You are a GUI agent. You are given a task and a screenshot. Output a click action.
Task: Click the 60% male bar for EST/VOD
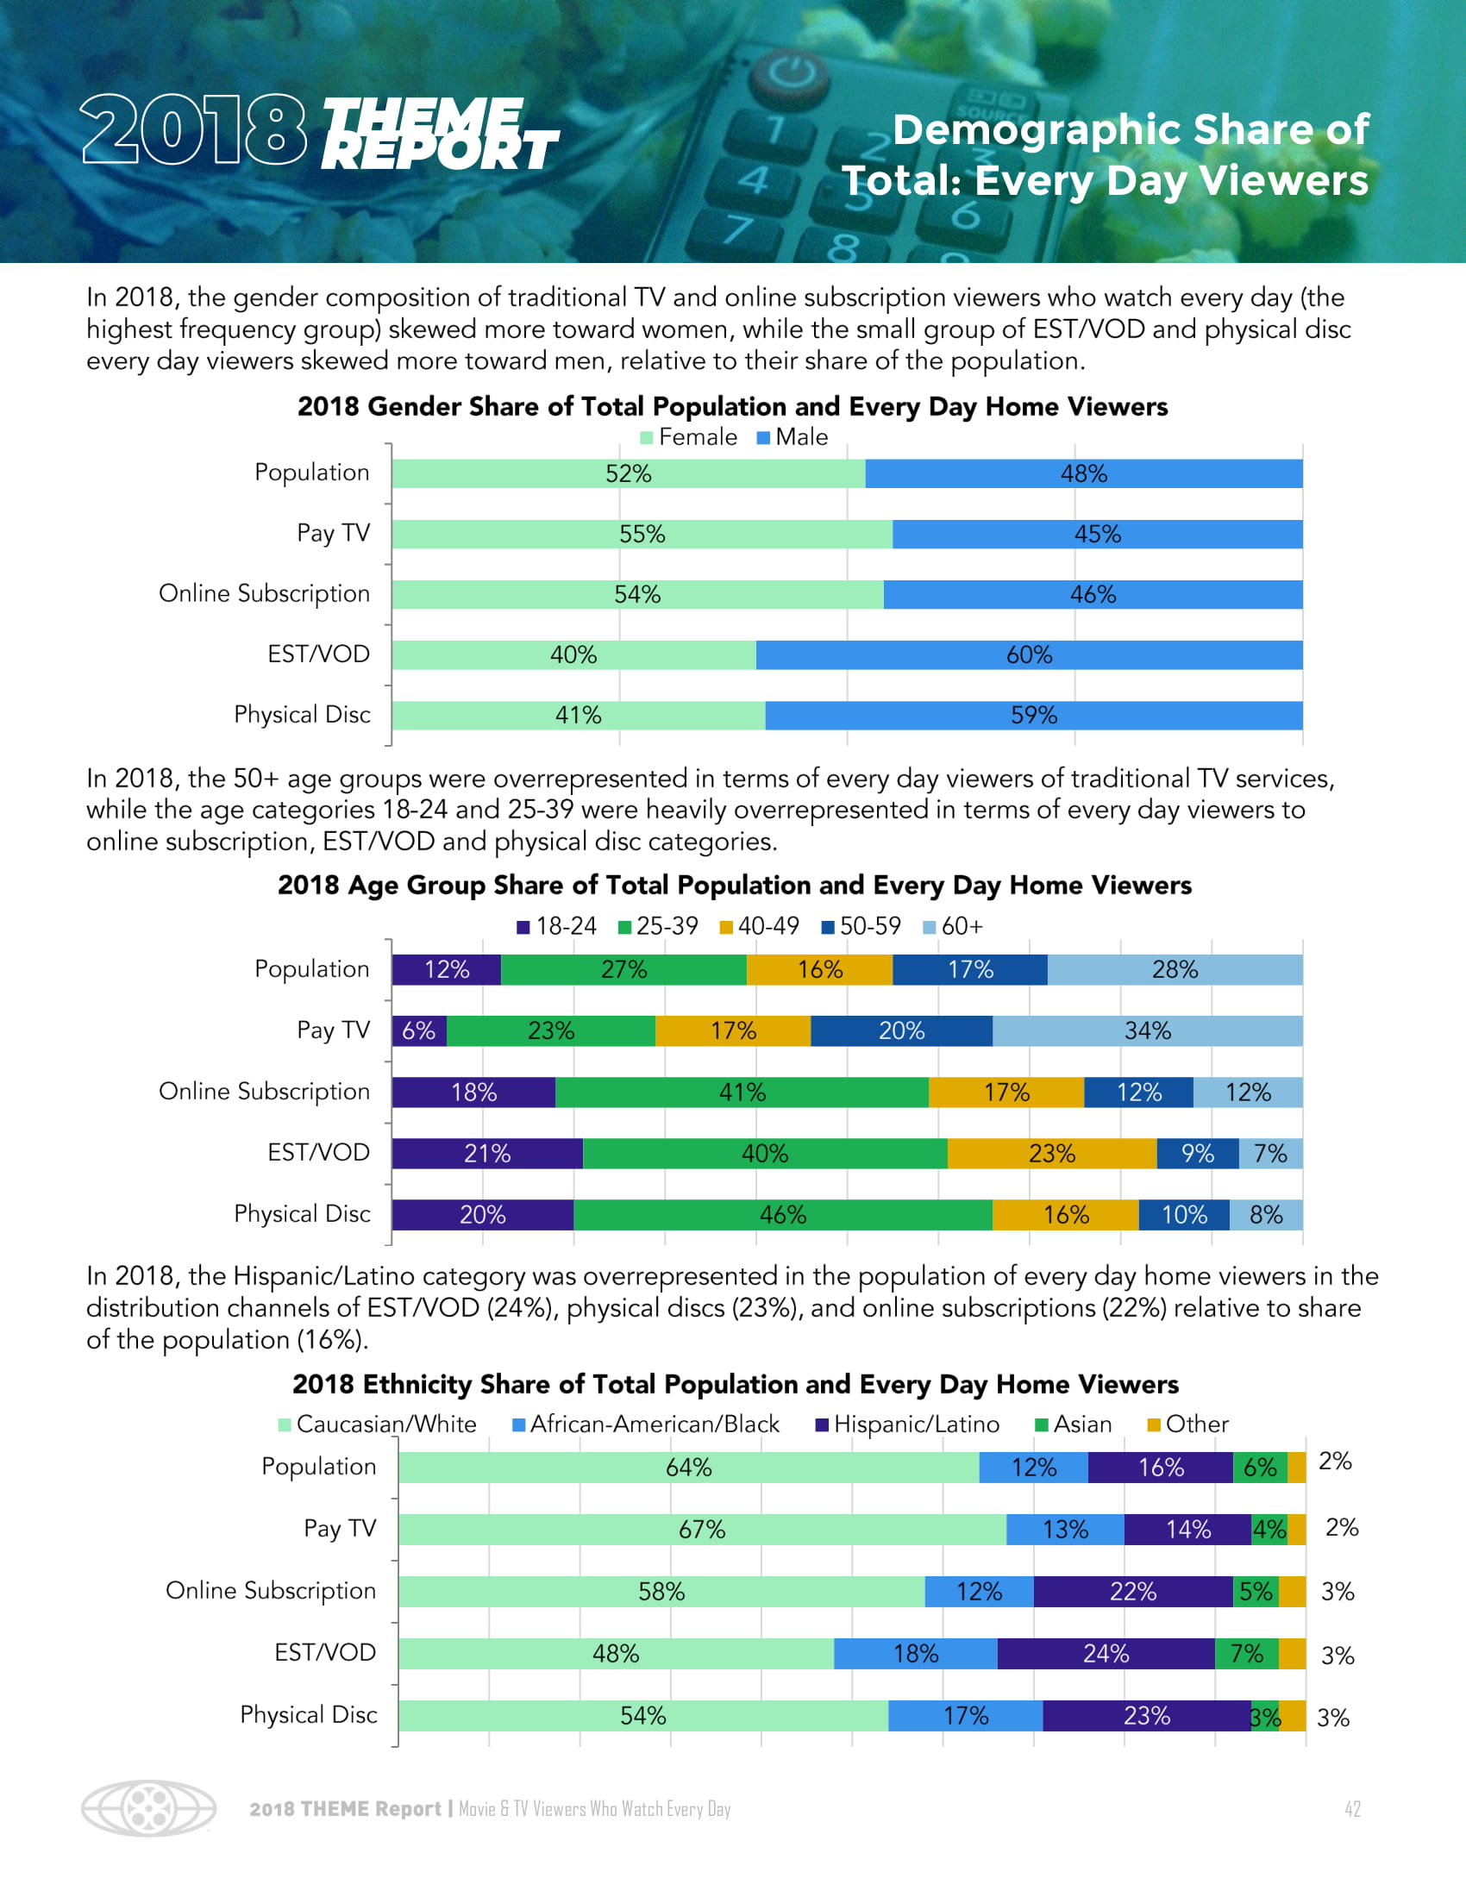pos(1029,655)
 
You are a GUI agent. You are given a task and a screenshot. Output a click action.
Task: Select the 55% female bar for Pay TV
pos(642,535)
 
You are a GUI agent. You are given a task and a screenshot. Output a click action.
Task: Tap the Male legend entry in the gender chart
pos(793,437)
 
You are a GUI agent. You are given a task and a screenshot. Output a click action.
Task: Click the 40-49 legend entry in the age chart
pos(760,926)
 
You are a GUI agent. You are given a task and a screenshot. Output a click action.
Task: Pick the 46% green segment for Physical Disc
pos(782,1214)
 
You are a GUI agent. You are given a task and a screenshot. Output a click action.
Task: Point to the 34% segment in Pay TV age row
pos(1147,1031)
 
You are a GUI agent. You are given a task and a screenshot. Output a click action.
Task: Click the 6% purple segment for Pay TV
pos(418,1031)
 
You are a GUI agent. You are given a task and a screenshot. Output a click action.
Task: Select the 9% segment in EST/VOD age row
pos(1197,1154)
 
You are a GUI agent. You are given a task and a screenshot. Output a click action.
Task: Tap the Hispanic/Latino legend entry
pos(907,1424)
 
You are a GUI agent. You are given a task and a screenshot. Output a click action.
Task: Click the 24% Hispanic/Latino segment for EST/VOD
pos(1106,1654)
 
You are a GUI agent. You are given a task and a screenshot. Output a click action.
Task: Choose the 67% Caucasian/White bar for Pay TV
pos(702,1530)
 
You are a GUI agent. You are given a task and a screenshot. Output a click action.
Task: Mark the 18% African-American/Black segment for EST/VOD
pos(915,1654)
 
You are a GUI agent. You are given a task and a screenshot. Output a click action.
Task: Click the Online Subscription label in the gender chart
pos(264,594)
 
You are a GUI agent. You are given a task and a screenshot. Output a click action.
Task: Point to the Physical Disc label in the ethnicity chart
pos(309,1714)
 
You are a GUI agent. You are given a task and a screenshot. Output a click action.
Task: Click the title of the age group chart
pos(734,885)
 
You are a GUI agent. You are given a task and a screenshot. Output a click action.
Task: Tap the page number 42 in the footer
pos(1352,1809)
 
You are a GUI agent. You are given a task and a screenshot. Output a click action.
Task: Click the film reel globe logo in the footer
pos(148,1809)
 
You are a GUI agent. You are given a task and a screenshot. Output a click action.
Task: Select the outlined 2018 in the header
pos(194,130)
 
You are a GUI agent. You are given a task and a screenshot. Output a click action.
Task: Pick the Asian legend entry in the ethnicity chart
pos(1074,1424)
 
